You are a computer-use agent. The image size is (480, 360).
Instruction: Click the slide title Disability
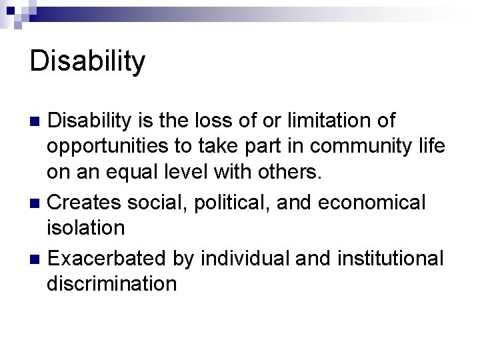pos(87,61)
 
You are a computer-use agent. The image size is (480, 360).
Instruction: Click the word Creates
pos(87,202)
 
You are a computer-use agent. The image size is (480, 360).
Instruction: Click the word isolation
pos(85,229)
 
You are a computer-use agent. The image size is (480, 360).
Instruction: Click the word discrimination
pos(111,283)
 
